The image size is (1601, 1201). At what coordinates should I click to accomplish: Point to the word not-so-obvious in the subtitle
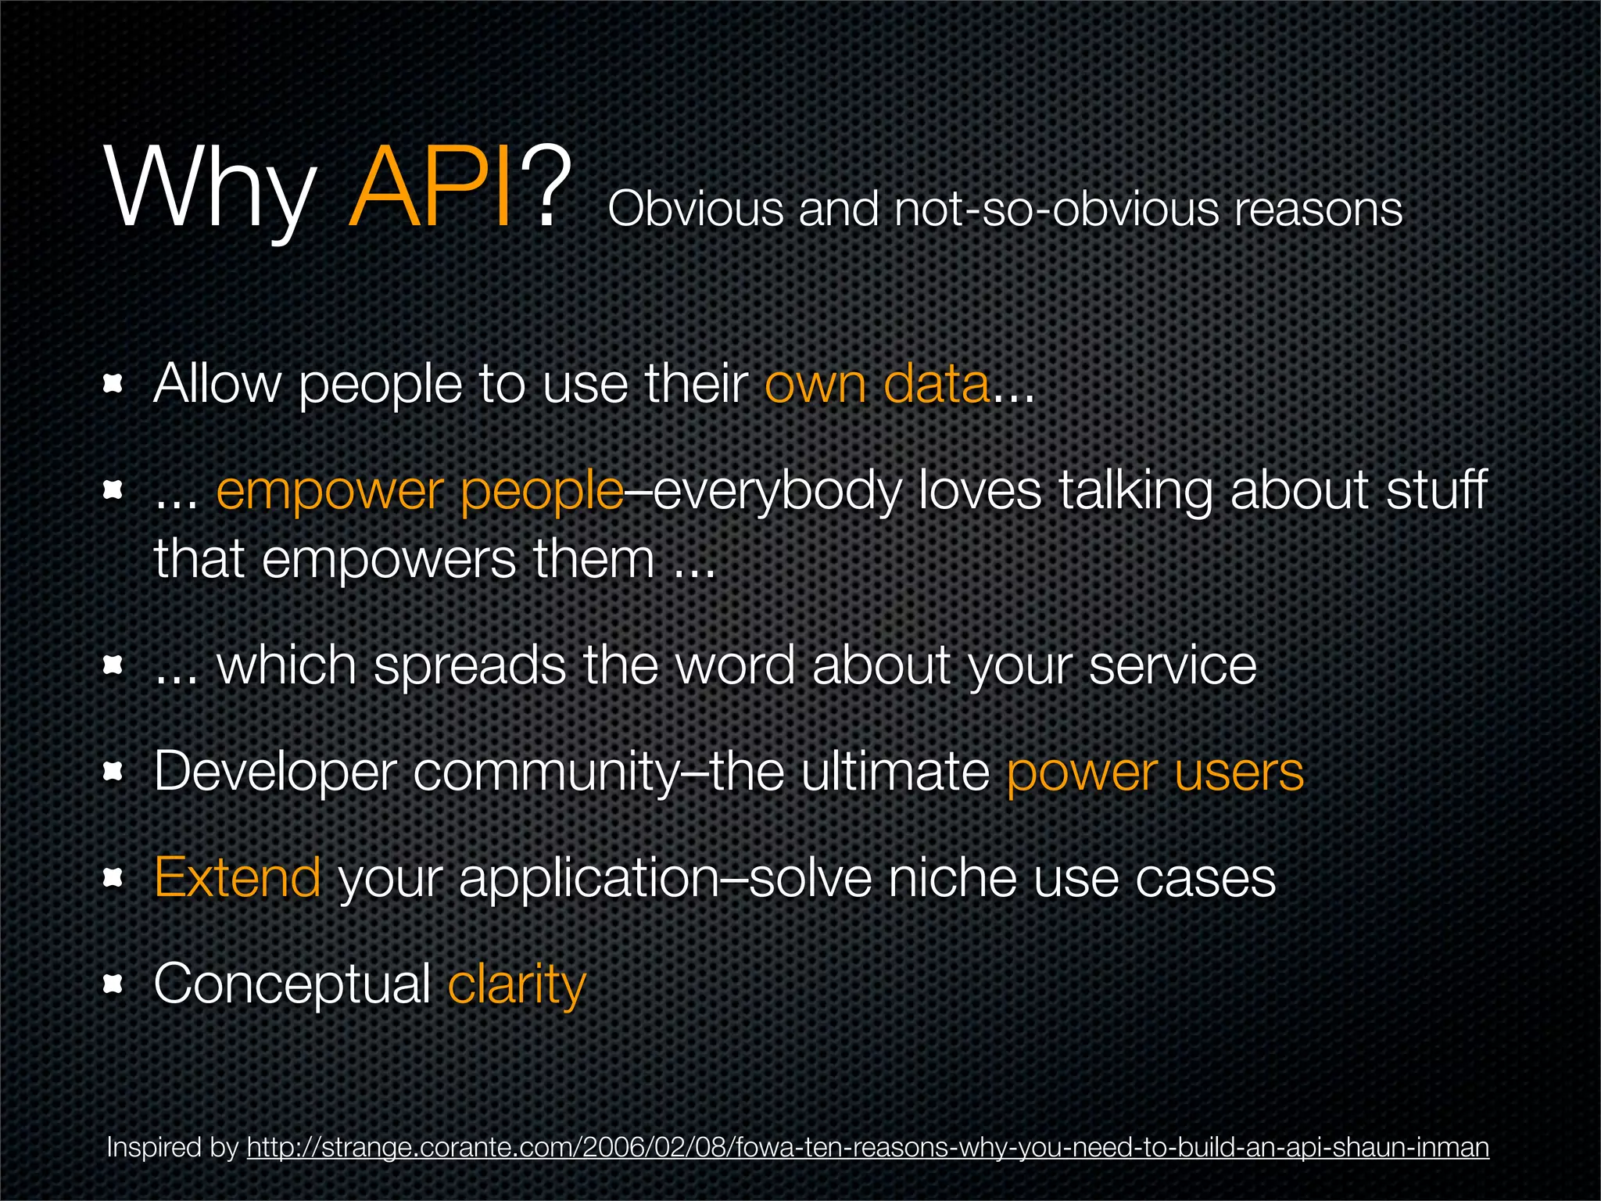1055,210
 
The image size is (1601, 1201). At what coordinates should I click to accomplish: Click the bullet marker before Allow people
114,384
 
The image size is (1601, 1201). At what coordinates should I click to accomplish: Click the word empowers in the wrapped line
389,561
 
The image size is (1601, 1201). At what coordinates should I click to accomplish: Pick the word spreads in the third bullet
470,666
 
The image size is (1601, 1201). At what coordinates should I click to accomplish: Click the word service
1173,666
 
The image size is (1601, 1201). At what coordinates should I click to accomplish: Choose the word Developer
276,773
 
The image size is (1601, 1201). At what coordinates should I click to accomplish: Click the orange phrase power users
1155,773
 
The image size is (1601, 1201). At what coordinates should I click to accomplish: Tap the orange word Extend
238,877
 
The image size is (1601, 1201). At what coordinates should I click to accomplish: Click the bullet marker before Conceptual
114,985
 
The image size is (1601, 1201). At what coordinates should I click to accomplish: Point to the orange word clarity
516,985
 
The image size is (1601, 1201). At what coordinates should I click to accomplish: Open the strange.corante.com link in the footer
868,1148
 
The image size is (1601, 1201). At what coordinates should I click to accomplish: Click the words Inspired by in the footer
172,1148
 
